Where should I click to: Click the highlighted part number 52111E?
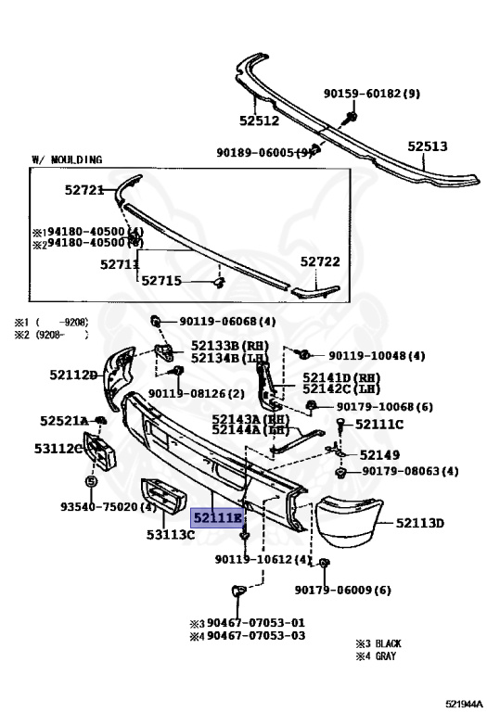coord(217,517)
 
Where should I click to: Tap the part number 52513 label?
coord(427,146)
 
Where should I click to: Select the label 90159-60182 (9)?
coord(372,94)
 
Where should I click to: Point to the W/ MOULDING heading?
coord(67,159)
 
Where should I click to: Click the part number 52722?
coord(320,261)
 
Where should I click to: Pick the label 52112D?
coord(73,375)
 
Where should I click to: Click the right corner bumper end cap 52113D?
coord(349,522)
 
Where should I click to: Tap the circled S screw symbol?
coord(91,481)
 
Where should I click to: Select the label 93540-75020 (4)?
coord(109,506)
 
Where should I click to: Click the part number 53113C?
coord(171,534)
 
